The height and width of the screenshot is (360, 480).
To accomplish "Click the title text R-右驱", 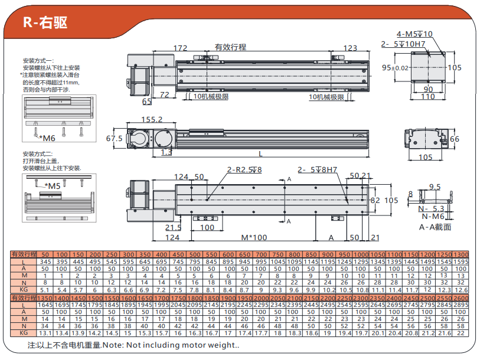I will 45,22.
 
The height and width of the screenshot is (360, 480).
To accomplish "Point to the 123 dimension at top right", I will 350,48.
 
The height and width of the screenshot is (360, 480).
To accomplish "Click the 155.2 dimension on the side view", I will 152,119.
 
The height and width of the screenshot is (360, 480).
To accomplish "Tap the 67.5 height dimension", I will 114,139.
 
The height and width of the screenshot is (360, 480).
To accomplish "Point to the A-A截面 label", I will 435,227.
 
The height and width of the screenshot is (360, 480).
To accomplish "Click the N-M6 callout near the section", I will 432,217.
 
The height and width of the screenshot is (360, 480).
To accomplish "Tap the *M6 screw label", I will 47,138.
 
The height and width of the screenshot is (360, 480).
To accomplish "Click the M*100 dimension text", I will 254,237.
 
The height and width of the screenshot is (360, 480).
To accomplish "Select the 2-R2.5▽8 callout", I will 244,170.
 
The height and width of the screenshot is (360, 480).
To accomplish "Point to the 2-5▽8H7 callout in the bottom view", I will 317,170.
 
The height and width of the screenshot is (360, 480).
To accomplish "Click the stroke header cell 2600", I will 461,297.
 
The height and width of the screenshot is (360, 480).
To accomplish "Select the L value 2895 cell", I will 461,305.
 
